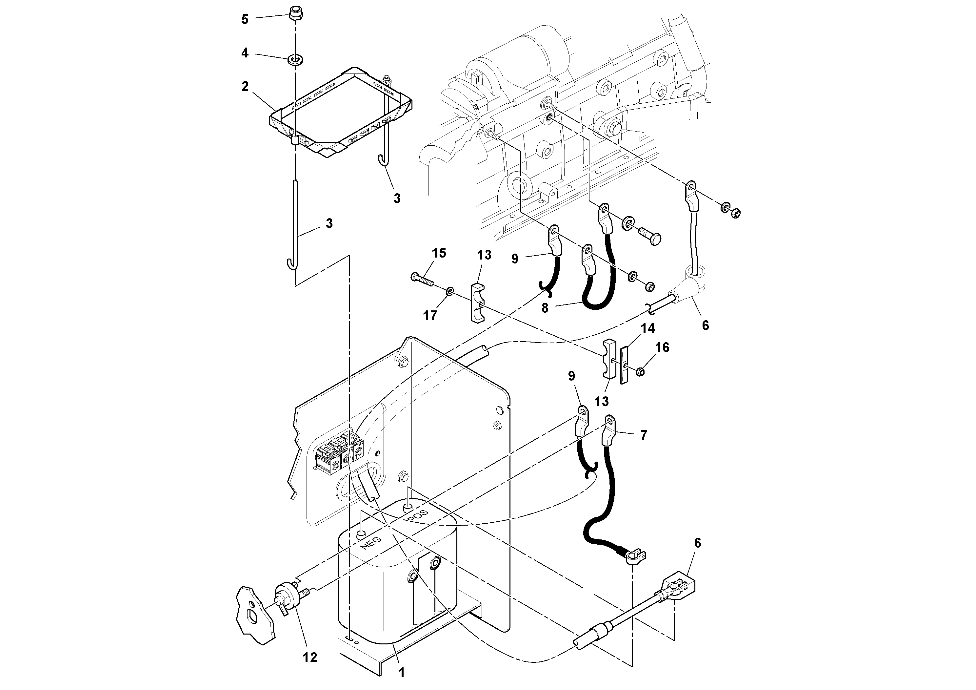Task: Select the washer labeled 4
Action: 295,59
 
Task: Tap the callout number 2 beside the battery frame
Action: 245,86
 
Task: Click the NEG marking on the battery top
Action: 371,544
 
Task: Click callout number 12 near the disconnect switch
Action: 310,657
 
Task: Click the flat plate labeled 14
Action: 624,365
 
